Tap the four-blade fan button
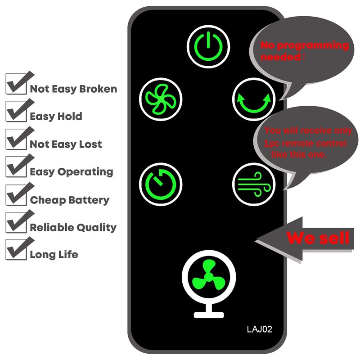(x=161, y=98)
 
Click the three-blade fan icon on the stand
(x=207, y=274)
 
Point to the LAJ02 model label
(x=259, y=329)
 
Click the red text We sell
(x=318, y=238)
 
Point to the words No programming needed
(x=304, y=51)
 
